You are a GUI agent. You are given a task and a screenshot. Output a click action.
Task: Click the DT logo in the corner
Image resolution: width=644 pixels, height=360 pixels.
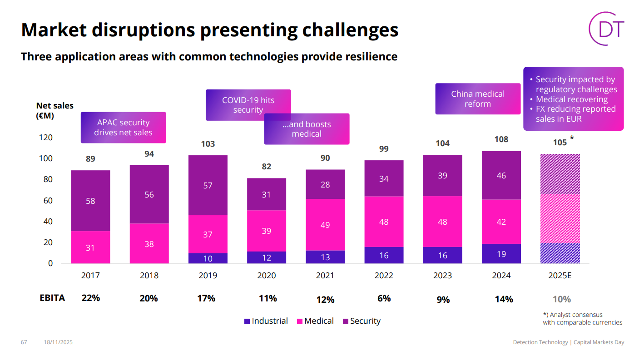click(x=607, y=28)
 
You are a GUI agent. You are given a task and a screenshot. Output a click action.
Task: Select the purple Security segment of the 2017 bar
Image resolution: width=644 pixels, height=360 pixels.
click(x=90, y=201)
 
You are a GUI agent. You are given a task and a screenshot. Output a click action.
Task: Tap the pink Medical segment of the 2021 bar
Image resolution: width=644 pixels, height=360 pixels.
click(x=325, y=225)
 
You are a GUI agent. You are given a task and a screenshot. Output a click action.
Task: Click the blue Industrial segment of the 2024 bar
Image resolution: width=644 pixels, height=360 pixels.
click(x=501, y=254)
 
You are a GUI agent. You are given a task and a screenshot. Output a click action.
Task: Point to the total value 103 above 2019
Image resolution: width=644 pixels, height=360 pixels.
click(x=208, y=144)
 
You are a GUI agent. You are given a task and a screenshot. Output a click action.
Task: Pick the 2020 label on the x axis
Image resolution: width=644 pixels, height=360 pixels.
click(x=267, y=276)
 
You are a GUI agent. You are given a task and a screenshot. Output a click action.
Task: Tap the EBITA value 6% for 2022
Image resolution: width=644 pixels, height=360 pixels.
click(x=384, y=298)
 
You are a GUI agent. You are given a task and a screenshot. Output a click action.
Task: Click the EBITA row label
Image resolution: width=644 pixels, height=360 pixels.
click(x=52, y=298)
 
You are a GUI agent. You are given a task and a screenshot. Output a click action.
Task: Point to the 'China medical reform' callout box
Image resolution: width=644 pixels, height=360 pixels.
click(x=478, y=99)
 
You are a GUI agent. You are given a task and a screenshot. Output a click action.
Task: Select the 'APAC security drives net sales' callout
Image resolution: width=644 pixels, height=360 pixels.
click(x=123, y=128)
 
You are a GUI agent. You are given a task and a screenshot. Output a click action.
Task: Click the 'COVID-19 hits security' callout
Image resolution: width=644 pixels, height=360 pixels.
click(x=248, y=105)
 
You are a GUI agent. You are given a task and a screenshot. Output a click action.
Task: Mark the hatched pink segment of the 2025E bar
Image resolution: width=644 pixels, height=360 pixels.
click(x=560, y=218)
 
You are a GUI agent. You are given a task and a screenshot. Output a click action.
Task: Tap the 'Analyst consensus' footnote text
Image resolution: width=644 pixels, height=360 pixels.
click(x=582, y=319)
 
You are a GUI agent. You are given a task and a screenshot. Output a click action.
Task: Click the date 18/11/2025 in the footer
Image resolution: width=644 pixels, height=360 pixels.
click(x=58, y=342)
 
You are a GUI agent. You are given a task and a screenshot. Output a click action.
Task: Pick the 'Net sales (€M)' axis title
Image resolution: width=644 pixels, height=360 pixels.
click(x=54, y=110)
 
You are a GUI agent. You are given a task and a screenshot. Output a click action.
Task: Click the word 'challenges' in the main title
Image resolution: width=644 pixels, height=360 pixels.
click(x=350, y=30)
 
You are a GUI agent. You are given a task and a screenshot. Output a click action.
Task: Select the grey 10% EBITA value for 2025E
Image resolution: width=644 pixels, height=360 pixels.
click(x=561, y=299)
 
